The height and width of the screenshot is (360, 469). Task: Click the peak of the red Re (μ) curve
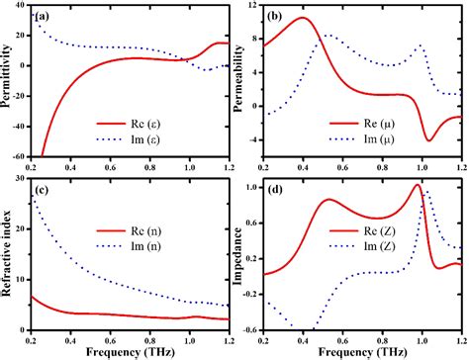[304, 18]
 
